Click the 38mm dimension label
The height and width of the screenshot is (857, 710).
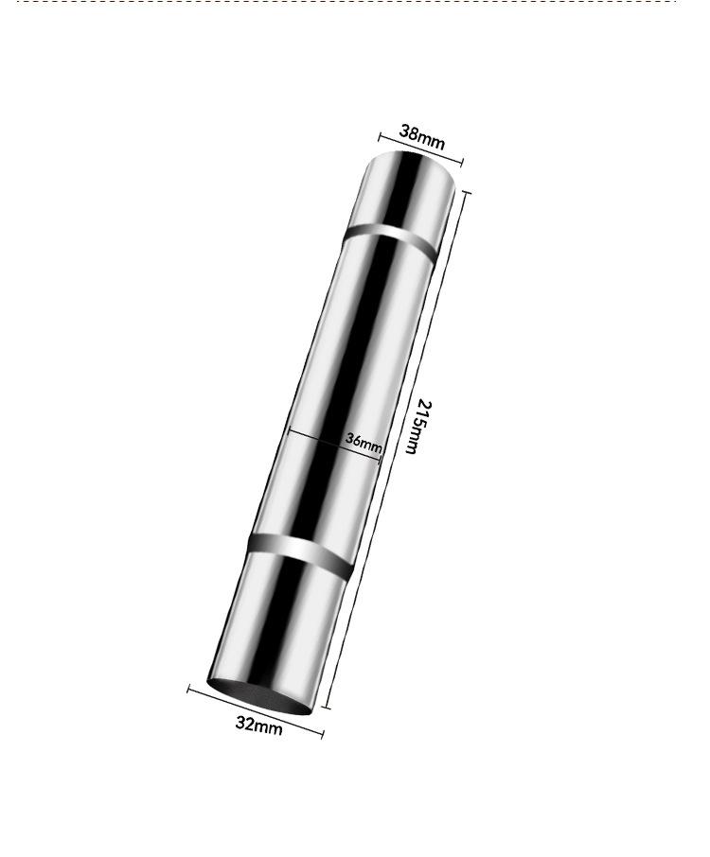(x=421, y=137)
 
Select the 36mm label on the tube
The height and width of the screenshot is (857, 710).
(x=364, y=443)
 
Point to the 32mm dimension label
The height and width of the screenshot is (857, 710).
(x=258, y=726)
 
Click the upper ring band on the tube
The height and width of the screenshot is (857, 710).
(x=391, y=239)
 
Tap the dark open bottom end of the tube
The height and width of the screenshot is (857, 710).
(x=259, y=697)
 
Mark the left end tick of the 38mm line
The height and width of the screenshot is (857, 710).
(x=380, y=136)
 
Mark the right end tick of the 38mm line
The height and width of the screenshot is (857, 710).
(x=462, y=162)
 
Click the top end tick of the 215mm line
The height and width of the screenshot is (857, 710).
(x=466, y=192)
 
